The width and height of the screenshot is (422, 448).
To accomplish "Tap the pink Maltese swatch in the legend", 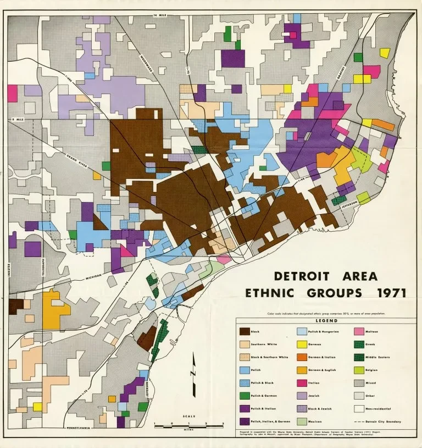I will (359, 332).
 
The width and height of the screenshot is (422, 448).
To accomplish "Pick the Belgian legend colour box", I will (359, 370).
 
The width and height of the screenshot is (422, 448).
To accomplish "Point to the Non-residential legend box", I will (359, 408).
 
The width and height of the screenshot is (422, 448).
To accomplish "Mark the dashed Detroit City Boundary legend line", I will (359, 422).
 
